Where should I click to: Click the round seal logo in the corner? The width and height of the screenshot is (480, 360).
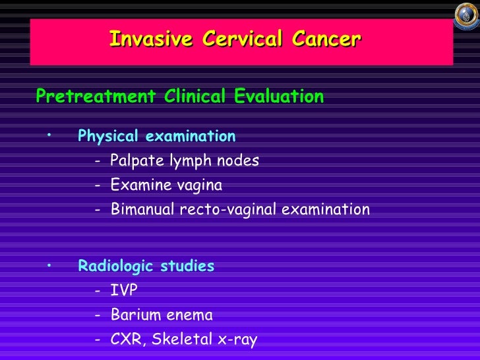pos(466,15)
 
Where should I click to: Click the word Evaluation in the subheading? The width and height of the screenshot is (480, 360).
pos(279,97)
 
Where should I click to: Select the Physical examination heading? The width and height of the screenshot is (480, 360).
pos(156,136)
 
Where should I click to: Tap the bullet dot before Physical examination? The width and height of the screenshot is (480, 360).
pos(49,135)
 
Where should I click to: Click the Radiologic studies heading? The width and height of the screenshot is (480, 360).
pos(146,266)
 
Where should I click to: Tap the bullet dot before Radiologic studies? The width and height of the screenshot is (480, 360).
pos(49,264)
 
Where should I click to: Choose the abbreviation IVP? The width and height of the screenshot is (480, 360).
pos(124,291)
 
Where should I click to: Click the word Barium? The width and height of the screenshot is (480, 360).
pos(132,315)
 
